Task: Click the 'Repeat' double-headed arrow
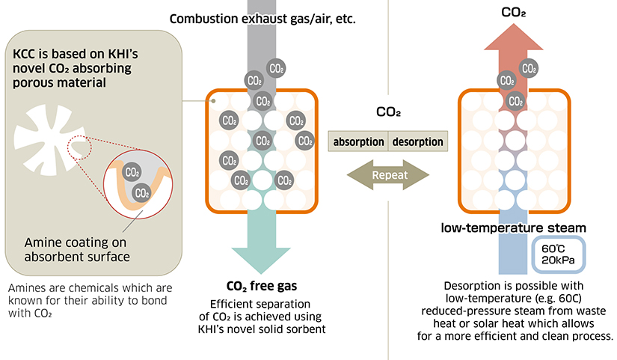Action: click(389, 175)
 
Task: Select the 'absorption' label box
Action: click(359, 141)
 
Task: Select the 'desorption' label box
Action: click(417, 141)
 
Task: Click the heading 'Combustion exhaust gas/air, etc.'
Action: click(262, 18)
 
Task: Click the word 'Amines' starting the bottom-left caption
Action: click(27, 287)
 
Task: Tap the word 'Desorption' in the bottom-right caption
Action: click(473, 286)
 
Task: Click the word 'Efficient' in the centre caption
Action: click(234, 302)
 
